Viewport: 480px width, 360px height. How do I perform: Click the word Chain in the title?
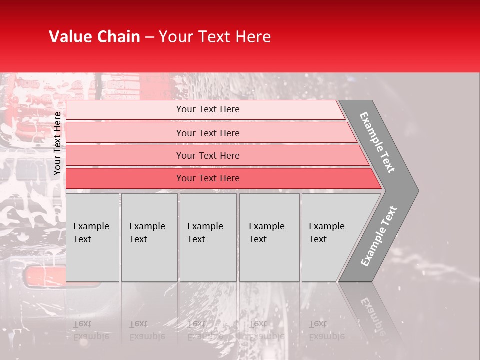(x=117, y=37)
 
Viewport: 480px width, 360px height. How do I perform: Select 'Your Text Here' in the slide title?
(x=215, y=37)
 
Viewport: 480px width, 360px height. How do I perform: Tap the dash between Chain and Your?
(x=149, y=37)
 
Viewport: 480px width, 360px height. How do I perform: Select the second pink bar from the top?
(x=207, y=133)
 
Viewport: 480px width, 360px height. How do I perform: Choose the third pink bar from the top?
(x=207, y=155)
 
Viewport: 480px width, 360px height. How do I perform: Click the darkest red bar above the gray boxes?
(x=207, y=178)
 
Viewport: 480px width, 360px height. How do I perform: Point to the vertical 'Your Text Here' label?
(x=57, y=143)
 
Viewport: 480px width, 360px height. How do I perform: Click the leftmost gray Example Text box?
(x=92, y=237)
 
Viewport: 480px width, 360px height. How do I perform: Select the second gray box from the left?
(x=149, y=237)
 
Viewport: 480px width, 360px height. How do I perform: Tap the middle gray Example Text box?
(x=208, y=237)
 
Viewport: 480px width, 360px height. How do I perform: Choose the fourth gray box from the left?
(x=269, y=237)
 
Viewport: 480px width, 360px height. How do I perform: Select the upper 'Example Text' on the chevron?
(x=377, y=142)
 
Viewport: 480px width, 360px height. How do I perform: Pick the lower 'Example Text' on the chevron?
(x=379, y=236)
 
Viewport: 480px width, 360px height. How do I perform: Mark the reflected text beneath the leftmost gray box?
(x=91, y=330)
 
